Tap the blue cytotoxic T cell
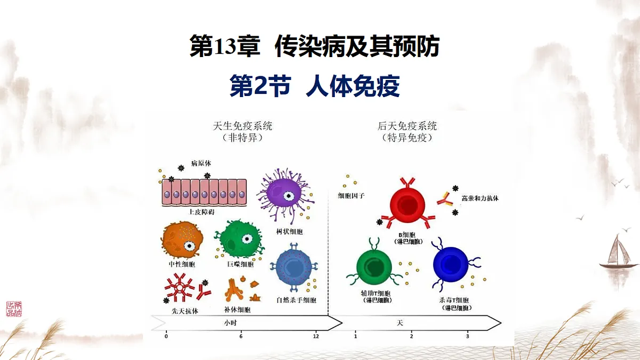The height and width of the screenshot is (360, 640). pos(451,263)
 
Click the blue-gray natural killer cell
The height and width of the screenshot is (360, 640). pos(295,267)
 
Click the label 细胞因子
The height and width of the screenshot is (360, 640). pos(351,196)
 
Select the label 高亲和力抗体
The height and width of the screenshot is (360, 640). pos(480,198)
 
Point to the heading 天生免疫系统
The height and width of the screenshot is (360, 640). pos(243,126)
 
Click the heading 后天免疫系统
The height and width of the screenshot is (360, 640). pos(407,126)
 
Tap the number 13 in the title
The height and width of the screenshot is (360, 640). pos(225,47)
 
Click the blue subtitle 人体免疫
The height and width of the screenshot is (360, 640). pos(353,86)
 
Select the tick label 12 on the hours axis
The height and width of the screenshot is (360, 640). pos(316,337)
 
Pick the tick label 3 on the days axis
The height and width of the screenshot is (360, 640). pos(468,337)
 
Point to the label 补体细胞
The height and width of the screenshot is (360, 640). pos(237,310)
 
